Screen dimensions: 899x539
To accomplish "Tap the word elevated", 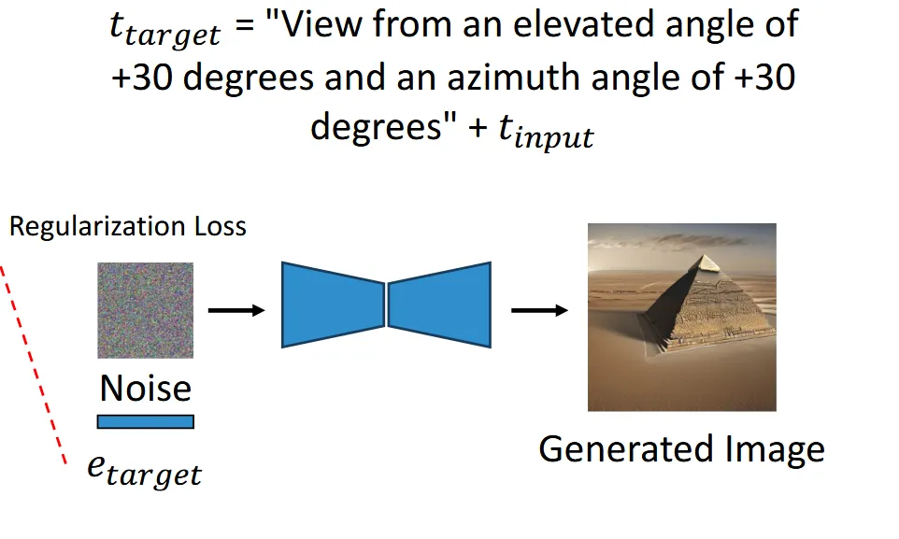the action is click(x=612, y=23).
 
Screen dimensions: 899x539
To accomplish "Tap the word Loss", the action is click(x=218, y=226).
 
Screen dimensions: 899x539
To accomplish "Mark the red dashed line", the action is click(x=35, y=364).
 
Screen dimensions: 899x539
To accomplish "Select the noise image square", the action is click(x=145, y=310).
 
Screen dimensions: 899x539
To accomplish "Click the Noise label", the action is click(x=145, y=388).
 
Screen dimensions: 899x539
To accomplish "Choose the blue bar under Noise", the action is click(x=145, y=421).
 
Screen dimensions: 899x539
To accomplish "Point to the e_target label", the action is click(x=144, y=469).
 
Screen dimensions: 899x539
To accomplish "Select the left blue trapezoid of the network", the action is click(x=333, y=305).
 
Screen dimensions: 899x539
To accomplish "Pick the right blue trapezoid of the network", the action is click(x=439, y=305).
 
